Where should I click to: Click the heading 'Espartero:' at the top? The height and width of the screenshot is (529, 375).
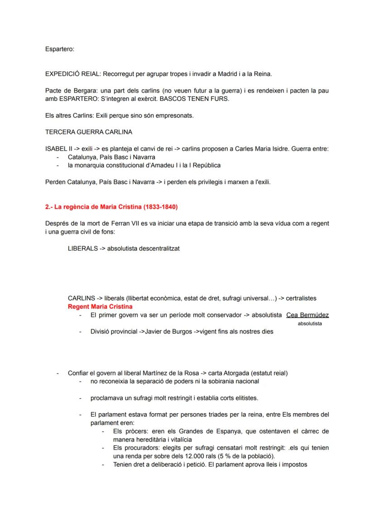(x=60, y=49)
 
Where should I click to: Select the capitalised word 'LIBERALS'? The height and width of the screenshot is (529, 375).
(x=82, y=248)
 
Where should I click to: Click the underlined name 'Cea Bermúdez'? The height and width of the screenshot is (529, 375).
(x=308, y=315)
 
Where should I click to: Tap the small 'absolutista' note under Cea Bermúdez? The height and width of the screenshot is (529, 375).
(x=310, y=324)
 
